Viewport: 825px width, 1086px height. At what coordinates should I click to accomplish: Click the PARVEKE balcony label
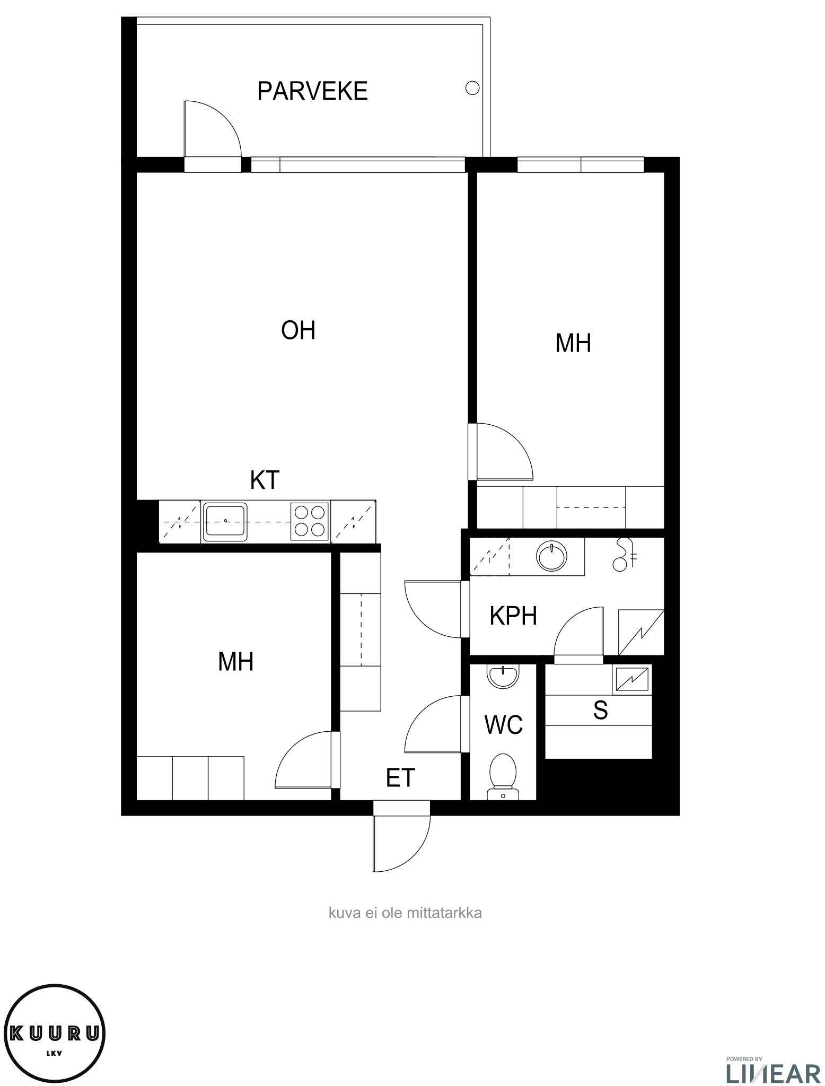(x=312, y=91)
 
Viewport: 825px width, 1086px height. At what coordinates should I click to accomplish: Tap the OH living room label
(x=298, y=330)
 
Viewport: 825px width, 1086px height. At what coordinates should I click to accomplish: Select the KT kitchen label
(x=265, y=480)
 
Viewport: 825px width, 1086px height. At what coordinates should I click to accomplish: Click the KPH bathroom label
(x=513, y=616)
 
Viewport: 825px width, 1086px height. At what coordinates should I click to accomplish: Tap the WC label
(x=504, y=725)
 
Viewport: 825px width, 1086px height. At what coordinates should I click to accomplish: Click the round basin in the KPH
(x=552, y=557)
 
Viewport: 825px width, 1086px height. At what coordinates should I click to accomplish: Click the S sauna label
(x=600, y=710)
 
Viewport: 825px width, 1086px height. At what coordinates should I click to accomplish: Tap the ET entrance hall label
(x=400, y=778)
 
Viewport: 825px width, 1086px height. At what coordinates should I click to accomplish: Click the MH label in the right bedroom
(x=573, y=343)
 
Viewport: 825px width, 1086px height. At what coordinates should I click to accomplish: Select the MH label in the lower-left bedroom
(x=236, y=662)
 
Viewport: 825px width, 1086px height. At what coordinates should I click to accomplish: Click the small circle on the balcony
(x=472, y=88)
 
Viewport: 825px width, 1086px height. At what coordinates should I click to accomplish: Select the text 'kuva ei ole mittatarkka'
(x=405, y=913)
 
